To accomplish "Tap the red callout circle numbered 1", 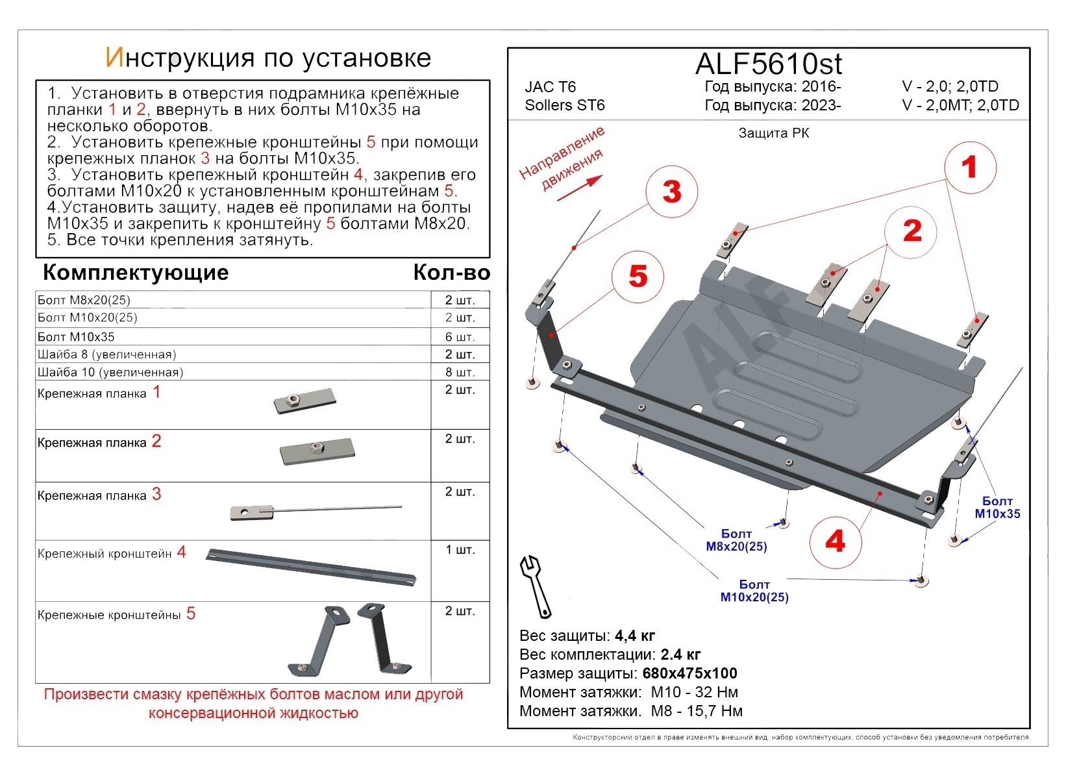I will [969, 168].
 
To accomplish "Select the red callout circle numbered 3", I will [672, 192].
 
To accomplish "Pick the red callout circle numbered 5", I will [638, 277].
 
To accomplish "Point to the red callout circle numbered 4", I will [835, 541].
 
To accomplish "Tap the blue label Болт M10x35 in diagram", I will [997, 507].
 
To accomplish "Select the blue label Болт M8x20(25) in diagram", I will [736, 540].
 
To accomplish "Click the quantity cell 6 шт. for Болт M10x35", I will [460, 337].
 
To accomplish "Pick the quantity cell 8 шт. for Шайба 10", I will [460, 372].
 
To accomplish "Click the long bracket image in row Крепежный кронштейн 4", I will [312, 566].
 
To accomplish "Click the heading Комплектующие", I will [136, 273].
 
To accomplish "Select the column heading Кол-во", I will [451, 273].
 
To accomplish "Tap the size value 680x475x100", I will [689, 673].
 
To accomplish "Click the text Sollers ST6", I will [565, 105].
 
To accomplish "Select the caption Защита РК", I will [774, 134].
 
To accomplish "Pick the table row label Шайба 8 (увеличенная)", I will [107, 355].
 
